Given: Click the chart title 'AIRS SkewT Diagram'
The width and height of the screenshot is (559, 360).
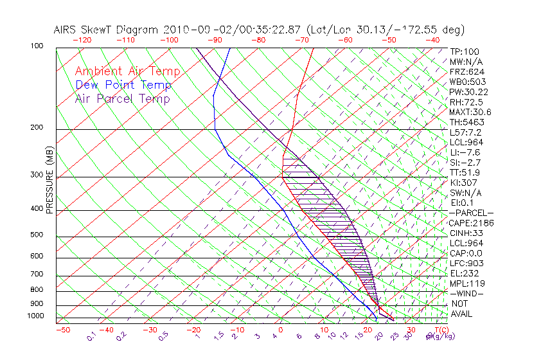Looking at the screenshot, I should [106, 30].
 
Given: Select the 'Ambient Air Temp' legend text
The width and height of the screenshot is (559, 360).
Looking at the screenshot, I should [127, 71].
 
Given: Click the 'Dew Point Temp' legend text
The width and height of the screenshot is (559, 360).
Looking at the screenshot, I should [123, 85].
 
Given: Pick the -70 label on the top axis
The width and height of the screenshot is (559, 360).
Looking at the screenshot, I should [302, 40].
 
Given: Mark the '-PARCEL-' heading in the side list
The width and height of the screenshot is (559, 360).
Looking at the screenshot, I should [471, 213].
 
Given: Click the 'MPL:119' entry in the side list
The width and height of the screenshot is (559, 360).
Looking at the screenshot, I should [466, 283].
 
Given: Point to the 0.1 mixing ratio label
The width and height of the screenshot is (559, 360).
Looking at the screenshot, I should [91, 336].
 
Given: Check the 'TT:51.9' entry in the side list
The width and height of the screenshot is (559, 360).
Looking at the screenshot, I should [466, 172].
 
